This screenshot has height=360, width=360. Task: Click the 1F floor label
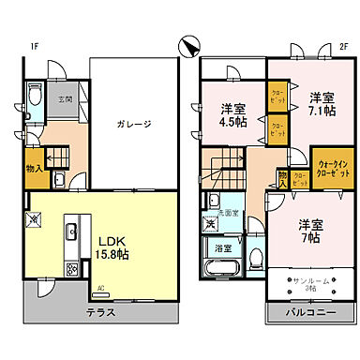[34, 46]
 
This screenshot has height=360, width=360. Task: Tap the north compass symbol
[191, 44]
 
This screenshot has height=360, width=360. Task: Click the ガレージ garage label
[134, 124]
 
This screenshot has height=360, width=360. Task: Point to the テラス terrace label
[100, 310]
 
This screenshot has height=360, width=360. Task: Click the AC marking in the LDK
[100, 287]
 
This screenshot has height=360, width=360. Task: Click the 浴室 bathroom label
[223, 248]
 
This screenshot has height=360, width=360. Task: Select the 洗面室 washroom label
[230, 214]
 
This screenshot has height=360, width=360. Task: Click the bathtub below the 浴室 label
[222, 270]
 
